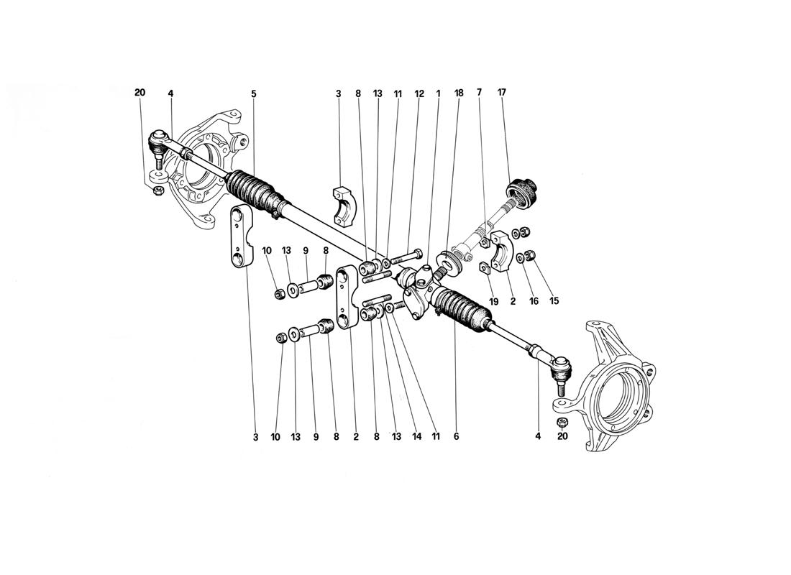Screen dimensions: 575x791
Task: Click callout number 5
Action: pos(254,93)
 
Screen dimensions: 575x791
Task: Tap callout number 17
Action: pos(501,93)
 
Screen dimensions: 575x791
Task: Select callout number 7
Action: pos(480,93)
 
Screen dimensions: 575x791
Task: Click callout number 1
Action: pos(438,93)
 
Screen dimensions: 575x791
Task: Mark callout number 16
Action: pos(534,302)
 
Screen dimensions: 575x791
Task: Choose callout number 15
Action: pos(554,302)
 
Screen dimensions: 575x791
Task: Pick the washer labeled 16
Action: pos(519,257)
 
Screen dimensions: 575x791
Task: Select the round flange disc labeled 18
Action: pos(451,263)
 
